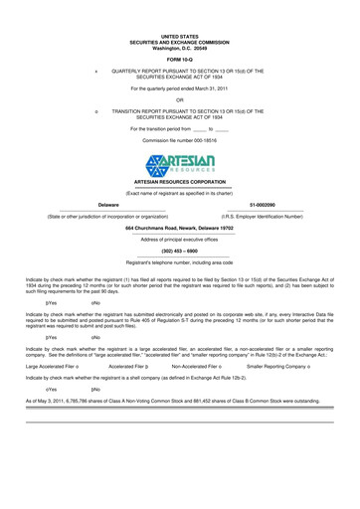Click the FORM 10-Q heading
[180, 60]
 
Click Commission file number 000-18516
[180, 141]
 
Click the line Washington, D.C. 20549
[180, 47]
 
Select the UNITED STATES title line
[180, 35]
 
